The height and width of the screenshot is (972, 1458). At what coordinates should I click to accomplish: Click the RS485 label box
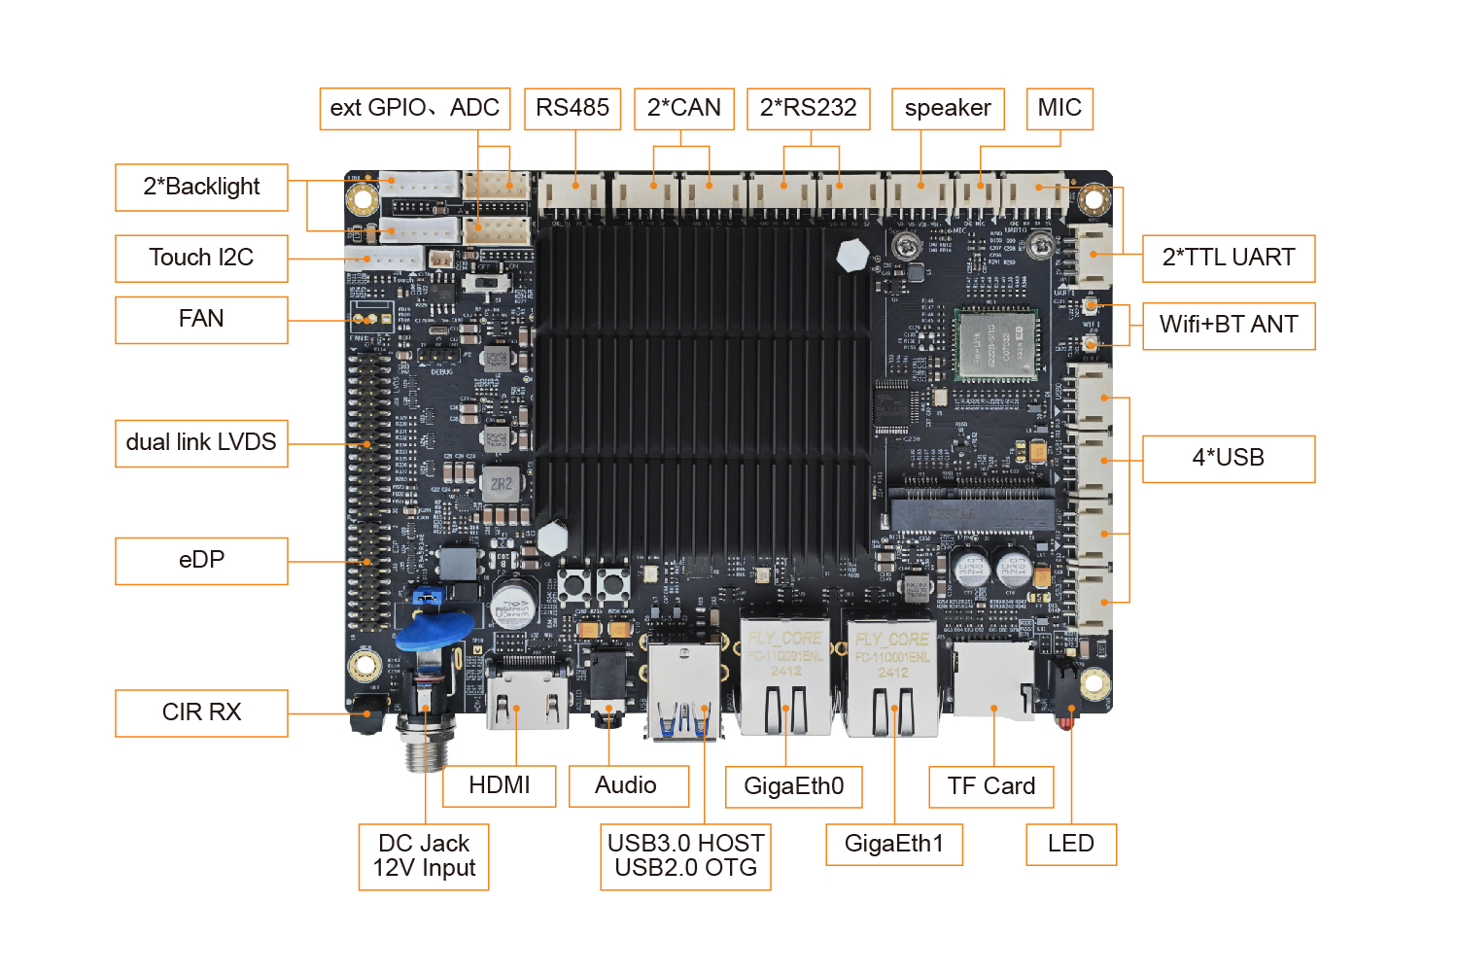[x=573, y=108]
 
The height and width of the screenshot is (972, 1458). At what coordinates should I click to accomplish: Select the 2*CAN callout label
[x=683, y=108]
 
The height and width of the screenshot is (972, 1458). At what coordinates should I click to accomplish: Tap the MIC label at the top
[x=1059, y=108]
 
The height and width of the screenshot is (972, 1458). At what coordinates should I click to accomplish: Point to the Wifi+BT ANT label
[x=1229, y=325]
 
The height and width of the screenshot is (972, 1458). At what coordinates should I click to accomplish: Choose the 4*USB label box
[x=1229, y=458]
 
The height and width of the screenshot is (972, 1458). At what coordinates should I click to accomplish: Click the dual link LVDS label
[x=201, y=442]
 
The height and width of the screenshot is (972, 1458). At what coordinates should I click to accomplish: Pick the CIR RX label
[x=201, y=712]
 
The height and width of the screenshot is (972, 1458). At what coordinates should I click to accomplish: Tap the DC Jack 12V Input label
[x=424, y=856]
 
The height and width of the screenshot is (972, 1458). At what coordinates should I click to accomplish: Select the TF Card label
[x=991, y=786]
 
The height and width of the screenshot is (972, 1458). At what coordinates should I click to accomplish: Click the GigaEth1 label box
[x=894, y=844]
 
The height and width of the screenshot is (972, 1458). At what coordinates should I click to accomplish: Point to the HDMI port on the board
[x=528, y=695]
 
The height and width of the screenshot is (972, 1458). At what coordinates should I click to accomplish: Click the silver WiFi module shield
[x=995, y=346]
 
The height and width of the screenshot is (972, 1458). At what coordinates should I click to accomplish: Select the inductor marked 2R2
[x=502, y=483]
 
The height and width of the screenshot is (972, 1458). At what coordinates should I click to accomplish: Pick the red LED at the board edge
[x=1065, y=721]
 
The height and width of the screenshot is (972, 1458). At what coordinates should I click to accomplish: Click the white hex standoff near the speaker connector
[x=852, y=256]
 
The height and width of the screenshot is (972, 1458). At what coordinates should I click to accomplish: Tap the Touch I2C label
[x=201, y=258]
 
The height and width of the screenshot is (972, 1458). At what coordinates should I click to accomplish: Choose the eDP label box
[x=201, y=560]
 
